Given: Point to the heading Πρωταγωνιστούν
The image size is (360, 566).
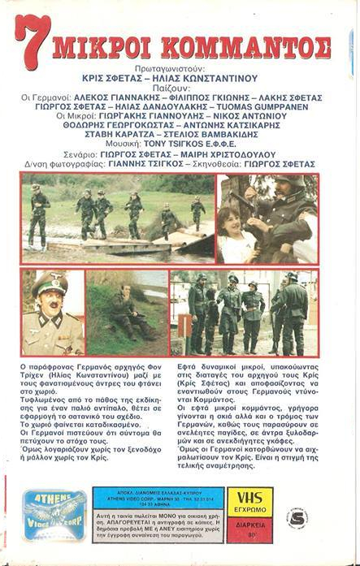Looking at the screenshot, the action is tap(180, 71).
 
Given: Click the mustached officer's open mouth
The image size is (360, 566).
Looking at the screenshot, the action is tap(54, 314).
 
